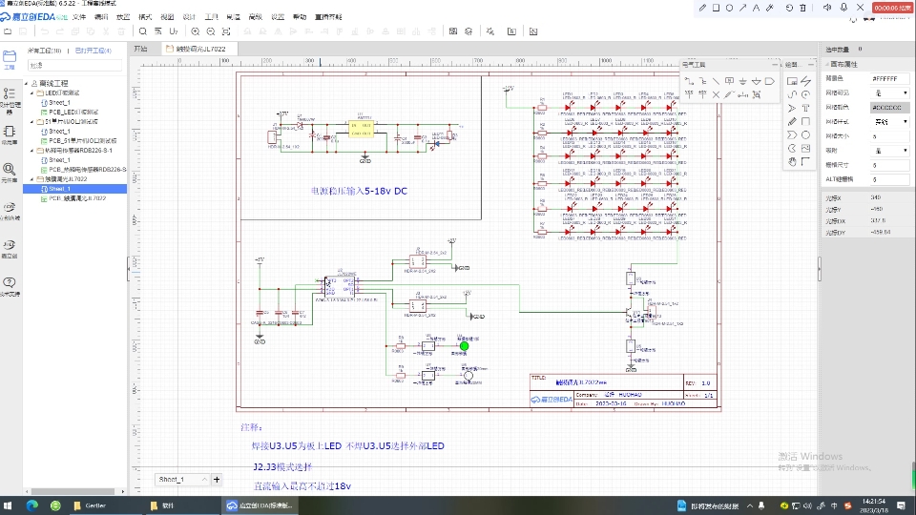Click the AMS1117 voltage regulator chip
[x=362, y=128]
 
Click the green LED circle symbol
[x=465, y=346]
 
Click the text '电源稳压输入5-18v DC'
[x=360, y=192]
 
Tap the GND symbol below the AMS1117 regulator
[x=364, y=158]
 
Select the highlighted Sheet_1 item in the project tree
[x=60, y=189]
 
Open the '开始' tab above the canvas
[x=140, y=48]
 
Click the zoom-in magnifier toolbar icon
[x=143, y=31]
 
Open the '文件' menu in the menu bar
[x=78, y=17]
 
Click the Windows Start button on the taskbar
[x=10, y=505]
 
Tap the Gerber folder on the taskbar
[x=91, y=505]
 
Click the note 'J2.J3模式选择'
[x=283, y=467]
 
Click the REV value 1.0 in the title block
[x=706, y=383]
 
